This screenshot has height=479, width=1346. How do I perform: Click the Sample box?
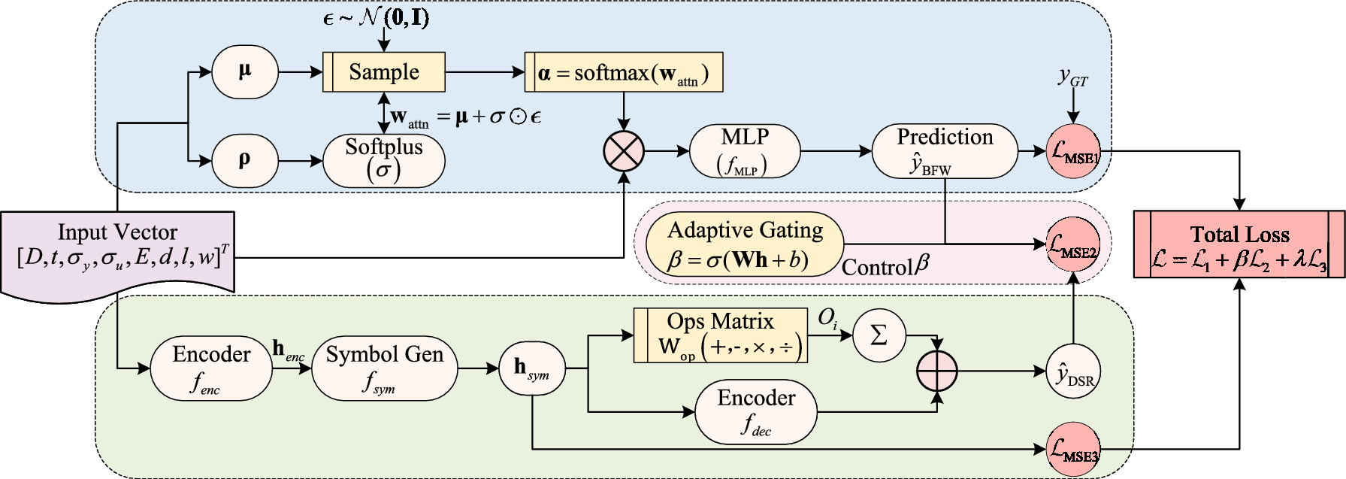pyautogui.click(x=384, y=72)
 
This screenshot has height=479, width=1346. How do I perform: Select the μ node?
pyautogui.click(x=245, y=72)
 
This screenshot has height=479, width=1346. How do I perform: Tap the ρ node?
pyautogui.click(x=245, y=160)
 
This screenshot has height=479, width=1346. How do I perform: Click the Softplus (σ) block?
pyautogui.click(x=384, y=160)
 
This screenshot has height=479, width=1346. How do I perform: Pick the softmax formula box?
pyautogui.click(x=624, y=72)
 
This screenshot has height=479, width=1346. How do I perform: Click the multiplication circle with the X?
pyautogui.click(x=624, y=151)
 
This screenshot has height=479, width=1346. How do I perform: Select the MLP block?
pyautogui.click(x=744, y=151)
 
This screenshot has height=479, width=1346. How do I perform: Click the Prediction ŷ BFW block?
pyautogui.click(x=945, y=151)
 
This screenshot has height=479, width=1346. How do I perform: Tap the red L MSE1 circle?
pyautogui.click(x=1073, y=151)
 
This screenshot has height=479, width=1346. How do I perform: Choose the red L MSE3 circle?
pyautogui.click(x=1073, y=449)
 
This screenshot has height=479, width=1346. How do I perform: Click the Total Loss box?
pyautogui.click(x=1239, y=244)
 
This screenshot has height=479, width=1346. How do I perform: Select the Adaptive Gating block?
pyautogui.click(x=745, y=244)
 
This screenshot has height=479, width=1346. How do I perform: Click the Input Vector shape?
pyautogui.click(x=118, y=252)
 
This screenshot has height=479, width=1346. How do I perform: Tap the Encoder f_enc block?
pyautogui.click(x=211, y=368)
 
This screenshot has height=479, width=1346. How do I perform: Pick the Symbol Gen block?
pyautogui.click(x=384, y=368)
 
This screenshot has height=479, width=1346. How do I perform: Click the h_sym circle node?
pyautogui.click(x=531, y=368)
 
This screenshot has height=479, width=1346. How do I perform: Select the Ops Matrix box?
pyautogui.click(x=721, y=335)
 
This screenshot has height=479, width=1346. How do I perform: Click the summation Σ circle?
pyautogui.click(x=879, y=335)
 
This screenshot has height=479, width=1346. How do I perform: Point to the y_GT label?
pyautogui.click(x=1073, y=77)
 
